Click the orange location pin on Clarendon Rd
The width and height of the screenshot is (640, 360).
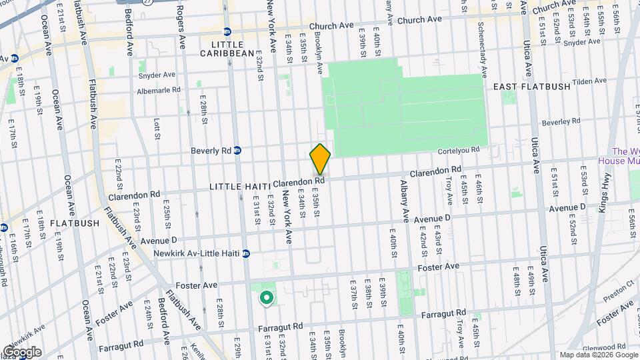click(320, 159)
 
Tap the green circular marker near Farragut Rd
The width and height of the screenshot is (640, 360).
click(267, 298)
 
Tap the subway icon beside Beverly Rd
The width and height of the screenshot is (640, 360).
click(237, 151)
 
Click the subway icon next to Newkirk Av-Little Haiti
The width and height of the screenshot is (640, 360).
click(246, 253)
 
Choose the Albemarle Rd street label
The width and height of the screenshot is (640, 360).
click(159, 89)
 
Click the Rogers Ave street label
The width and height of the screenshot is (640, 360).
click(181, 24)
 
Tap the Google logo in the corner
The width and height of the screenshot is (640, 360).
click(22, 352)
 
